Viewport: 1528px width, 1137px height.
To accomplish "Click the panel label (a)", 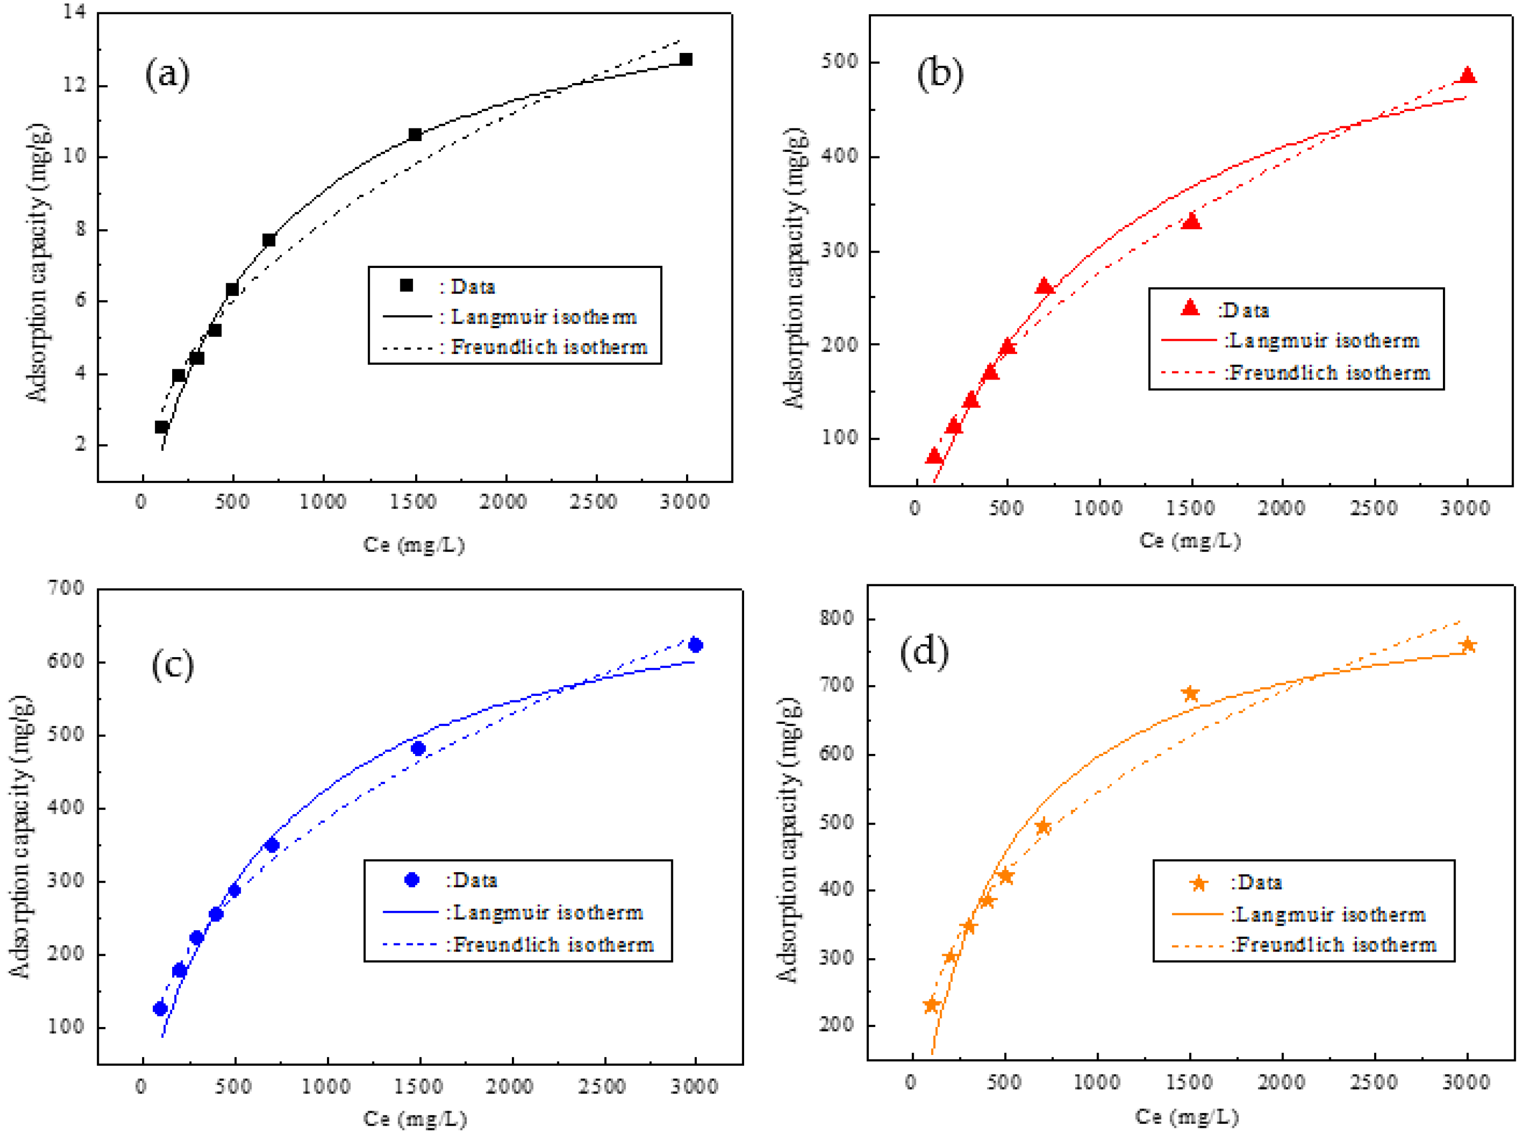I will [167, 74].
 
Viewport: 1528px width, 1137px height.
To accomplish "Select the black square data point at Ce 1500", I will [415, 135].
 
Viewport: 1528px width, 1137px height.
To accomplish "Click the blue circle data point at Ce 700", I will [272, 845].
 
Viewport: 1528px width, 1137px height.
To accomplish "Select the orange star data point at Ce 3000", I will [1467, 645].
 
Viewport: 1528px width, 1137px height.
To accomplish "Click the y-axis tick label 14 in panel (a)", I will [74, 12].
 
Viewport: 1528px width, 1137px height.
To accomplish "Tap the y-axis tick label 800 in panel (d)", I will [837, 617].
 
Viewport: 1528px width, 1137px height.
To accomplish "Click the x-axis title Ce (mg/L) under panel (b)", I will [1190, 540].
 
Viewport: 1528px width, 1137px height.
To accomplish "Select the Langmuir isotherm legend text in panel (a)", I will [544, 317].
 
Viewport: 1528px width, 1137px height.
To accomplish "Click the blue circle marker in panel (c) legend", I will [412, 880].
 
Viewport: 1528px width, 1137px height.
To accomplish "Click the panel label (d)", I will [924, 651].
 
